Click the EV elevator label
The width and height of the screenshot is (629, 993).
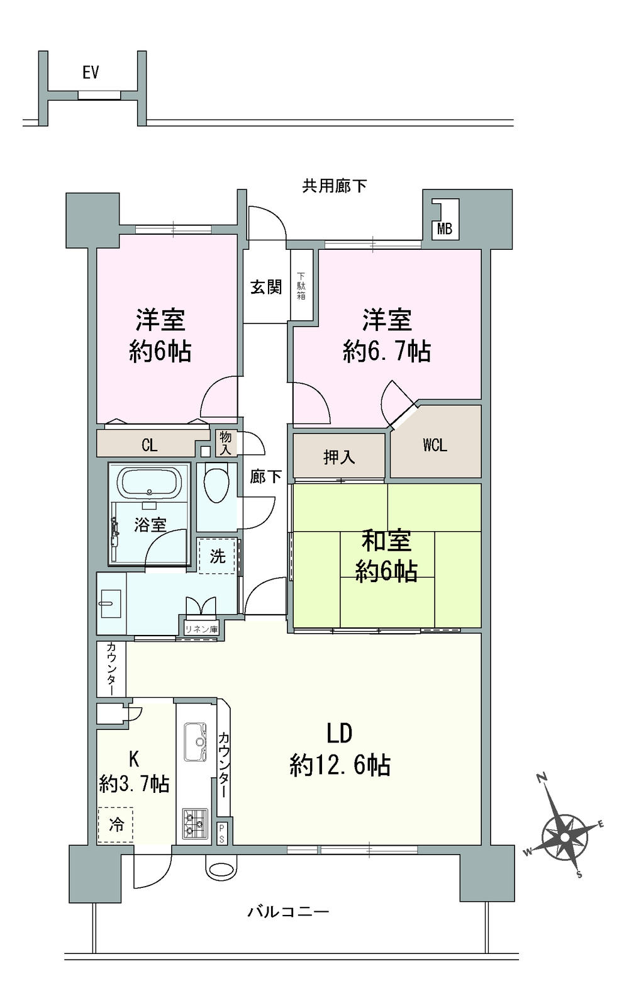(91, 73)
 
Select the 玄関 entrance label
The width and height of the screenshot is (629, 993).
(266, 288)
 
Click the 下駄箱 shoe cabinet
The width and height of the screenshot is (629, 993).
(301, 286)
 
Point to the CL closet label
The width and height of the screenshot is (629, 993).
(149, 446)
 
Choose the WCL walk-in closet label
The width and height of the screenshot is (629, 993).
(435, 446)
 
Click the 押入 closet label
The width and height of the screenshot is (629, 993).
(339, 457)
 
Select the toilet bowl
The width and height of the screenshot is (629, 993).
(216, 485)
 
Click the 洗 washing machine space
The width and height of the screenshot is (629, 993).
(218, 556)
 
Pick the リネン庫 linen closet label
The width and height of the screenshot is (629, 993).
(201, 629)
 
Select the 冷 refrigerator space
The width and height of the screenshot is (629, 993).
(116, 824)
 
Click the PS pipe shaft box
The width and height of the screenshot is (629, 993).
(222, 834)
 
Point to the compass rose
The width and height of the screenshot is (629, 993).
(564, 838)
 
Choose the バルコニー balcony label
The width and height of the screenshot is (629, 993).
(288, 911)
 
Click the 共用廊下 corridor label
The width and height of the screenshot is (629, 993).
(335, 186)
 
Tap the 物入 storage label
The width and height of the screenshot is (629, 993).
(225, 443)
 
